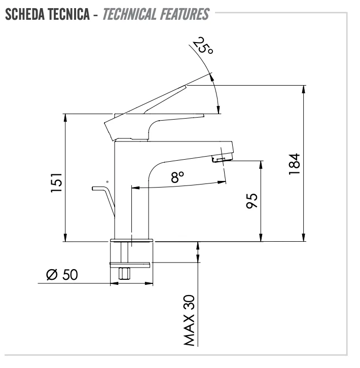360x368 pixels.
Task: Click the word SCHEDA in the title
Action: point(25,14)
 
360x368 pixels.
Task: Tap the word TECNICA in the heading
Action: point(68,14)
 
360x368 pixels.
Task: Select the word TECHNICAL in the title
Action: point(129,14)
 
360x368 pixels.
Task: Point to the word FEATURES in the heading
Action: point(185,14)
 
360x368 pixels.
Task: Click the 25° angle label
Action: point(203,46)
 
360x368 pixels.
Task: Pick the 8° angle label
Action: point(177,177)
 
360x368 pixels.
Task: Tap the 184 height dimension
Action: point(294,164)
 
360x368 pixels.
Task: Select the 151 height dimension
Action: point(56,183)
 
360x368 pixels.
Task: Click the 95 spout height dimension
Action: point(251,201)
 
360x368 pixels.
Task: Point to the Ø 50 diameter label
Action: point(62,274)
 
